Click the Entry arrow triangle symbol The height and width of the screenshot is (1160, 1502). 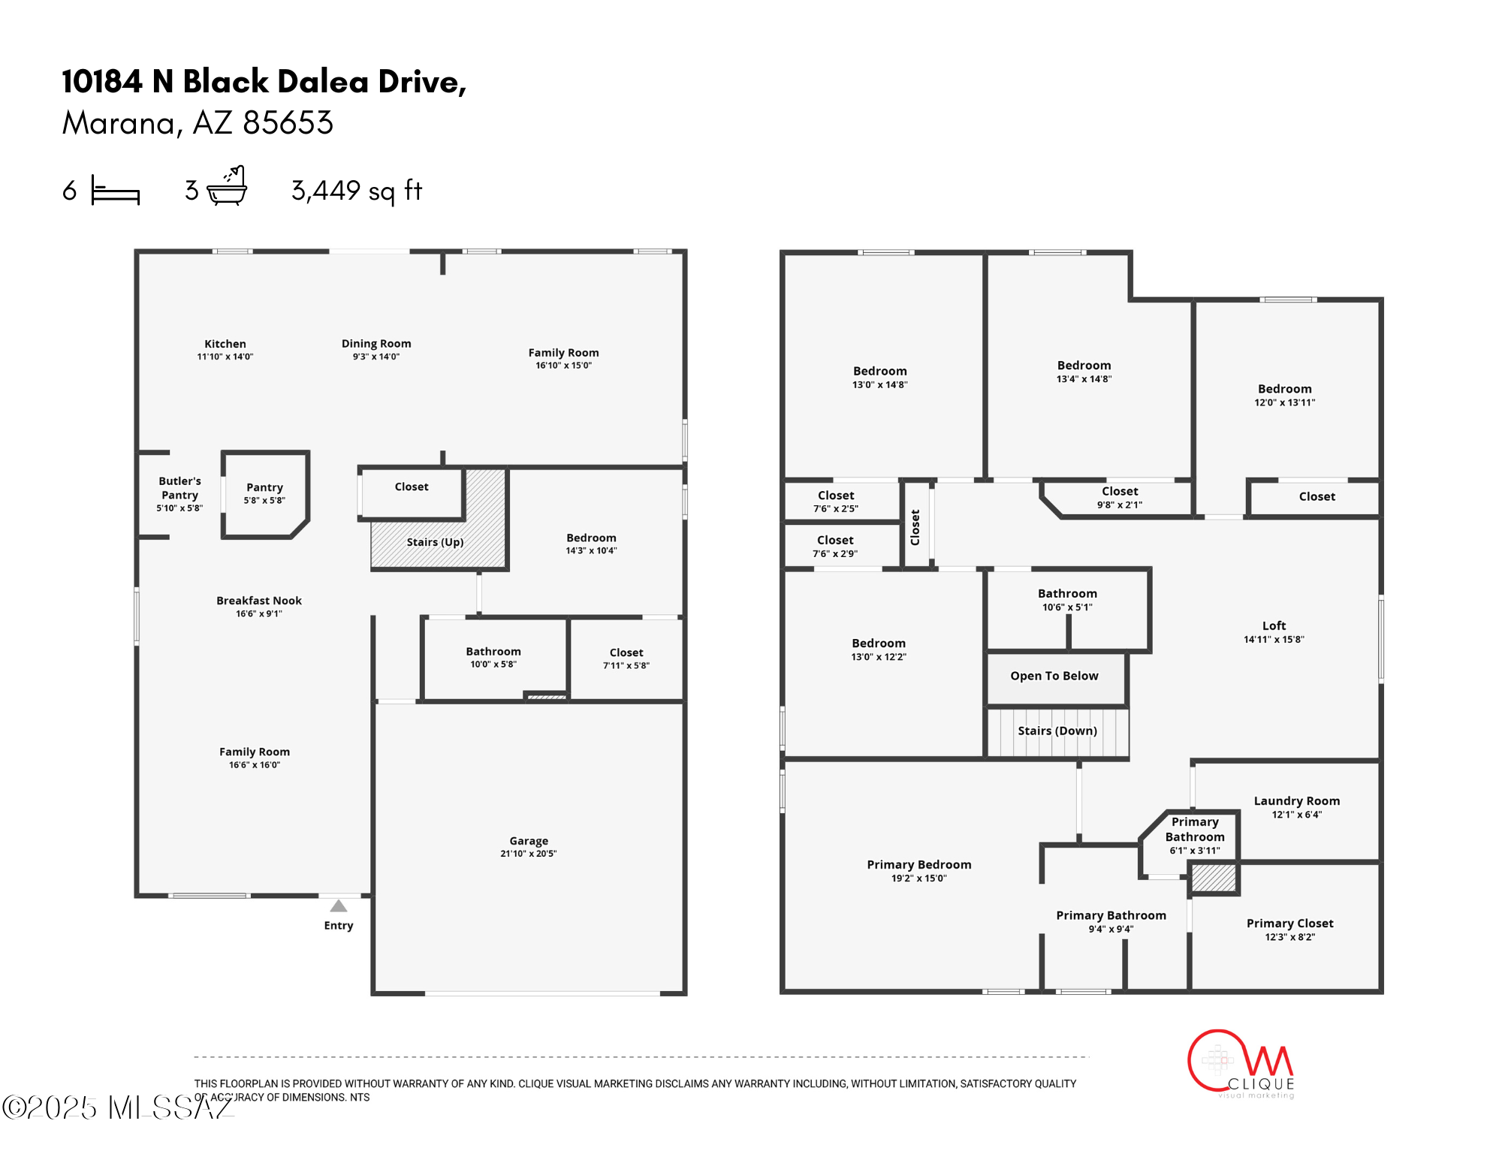(x=339, y=906)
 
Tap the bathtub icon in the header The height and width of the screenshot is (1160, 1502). (x=227, y=187)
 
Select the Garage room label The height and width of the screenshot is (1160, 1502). (x=529, y=841)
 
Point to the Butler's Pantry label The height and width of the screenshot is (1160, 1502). (x=179, y=488)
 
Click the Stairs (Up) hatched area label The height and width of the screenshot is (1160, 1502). (x=435, y=542)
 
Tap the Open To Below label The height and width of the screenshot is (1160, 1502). (x=1054, y=676)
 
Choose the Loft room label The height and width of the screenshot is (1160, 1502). (x=1274, y=625)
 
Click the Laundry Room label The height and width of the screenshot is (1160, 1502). (x=1296, y=801)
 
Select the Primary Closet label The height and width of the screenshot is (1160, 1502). (x=1289, y=923)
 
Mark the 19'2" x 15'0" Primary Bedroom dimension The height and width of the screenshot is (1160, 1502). (x=918, y=878)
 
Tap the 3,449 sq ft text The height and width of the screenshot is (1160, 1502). (x=357, y=191)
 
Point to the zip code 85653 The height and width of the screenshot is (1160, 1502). (x=288, y=123)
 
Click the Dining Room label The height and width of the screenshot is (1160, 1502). (x=376, y=344)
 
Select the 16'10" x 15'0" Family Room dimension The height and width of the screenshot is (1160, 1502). (x=563, y=366)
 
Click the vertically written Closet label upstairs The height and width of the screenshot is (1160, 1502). (x=915, y=527)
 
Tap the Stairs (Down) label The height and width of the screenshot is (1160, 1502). (x=1057, y=731)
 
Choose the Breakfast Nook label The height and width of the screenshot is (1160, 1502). (x=259, y=601)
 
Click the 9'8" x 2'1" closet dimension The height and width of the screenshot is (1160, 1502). (x=1119, y=505)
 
